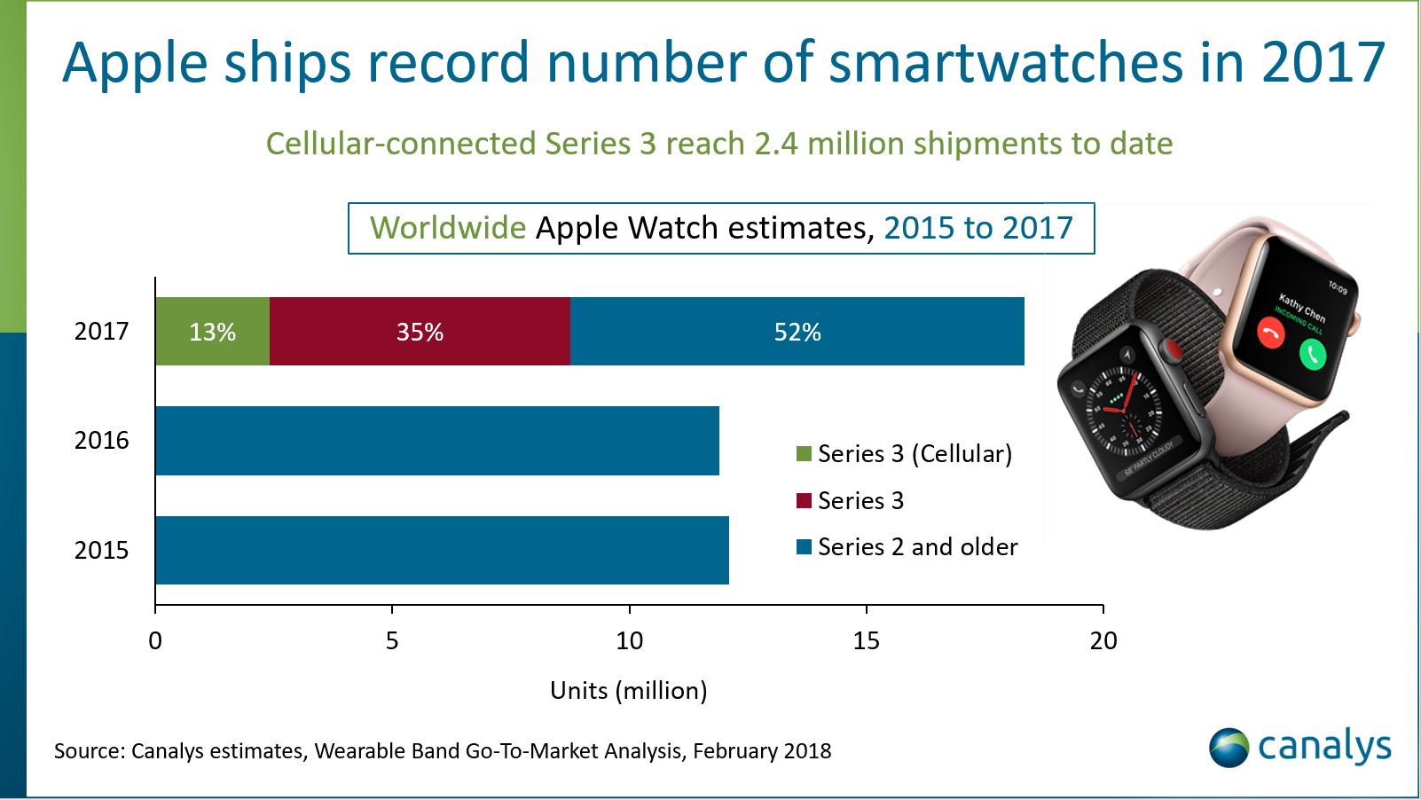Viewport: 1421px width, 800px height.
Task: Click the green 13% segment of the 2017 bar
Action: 212,332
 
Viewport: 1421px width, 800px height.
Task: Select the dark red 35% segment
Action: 420,332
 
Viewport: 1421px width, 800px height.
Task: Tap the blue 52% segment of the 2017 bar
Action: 797,332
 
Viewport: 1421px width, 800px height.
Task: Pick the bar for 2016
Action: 436,441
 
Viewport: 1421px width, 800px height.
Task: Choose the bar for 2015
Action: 442,550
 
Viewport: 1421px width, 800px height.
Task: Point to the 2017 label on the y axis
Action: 101,332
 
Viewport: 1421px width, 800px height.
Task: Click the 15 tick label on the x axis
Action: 866,640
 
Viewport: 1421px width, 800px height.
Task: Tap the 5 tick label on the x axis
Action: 392,640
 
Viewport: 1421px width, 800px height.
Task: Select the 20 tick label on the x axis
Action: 1103,640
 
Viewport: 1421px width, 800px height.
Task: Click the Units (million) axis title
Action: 628,690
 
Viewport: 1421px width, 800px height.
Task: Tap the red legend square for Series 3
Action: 805,501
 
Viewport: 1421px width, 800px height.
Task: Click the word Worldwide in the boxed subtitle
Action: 448,229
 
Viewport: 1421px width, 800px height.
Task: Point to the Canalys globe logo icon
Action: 1229,747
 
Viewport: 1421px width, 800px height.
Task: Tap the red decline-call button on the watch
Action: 1271,333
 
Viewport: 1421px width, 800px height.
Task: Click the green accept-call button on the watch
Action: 1312,355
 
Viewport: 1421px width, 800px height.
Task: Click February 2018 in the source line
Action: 762,751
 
